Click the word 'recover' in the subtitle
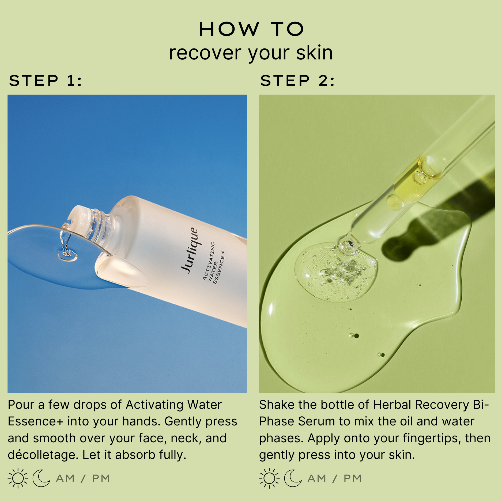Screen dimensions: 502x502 click(x=205, y=53)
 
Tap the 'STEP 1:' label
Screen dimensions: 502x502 click(x=45, y=81)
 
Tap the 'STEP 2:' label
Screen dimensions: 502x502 click(x=297, y=81)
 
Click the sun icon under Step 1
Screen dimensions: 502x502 click(x=18, y=478)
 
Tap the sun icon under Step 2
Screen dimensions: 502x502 click(x=269, y=478)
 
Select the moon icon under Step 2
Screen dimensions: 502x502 click(x=293, y=478)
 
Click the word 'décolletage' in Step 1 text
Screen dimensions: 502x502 click(x=43, y=455)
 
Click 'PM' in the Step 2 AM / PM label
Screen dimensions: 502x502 click(x=353, y=478)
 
